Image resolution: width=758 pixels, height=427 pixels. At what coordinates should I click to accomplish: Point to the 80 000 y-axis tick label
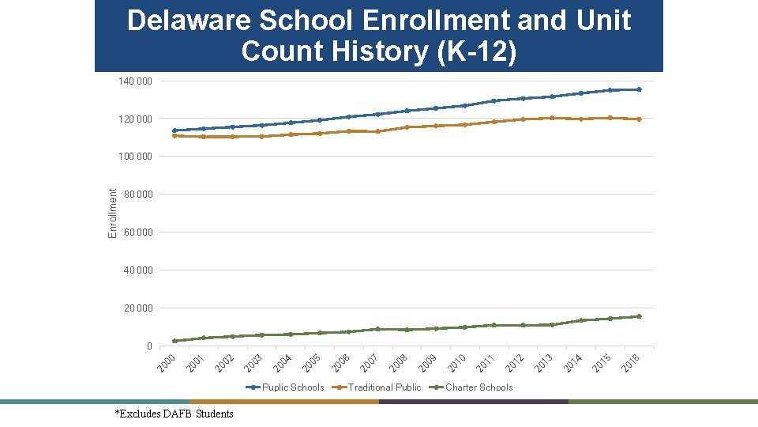tap(137, 195)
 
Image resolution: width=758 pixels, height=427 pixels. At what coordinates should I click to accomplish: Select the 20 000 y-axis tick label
tap(137, 308)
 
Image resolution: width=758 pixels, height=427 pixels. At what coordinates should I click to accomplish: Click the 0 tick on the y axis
tap(148, 346)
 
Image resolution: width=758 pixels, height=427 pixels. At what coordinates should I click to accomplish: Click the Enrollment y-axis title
tap(113, 213)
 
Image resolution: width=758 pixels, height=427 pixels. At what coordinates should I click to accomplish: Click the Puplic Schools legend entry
tap(292, 387)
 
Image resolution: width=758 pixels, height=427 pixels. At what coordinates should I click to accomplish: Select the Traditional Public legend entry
tap(385, 387)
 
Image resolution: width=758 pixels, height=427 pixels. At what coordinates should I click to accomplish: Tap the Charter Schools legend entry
tap(478, 387)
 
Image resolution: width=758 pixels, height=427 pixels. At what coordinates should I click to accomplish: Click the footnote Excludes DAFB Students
tap(174, 414)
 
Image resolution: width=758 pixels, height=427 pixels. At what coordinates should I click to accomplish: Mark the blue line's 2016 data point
tap(639, 89)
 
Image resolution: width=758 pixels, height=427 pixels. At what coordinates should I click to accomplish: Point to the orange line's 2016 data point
tap(639, 119)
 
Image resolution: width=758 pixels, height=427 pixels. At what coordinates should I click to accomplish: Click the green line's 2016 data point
tap(639, 316)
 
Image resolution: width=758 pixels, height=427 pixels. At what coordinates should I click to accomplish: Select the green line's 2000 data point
tap(174, 341)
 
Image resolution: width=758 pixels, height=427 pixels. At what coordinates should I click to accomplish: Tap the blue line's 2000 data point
tap(174, 130)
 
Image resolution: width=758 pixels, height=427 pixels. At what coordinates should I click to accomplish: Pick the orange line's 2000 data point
tap(174, 135)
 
